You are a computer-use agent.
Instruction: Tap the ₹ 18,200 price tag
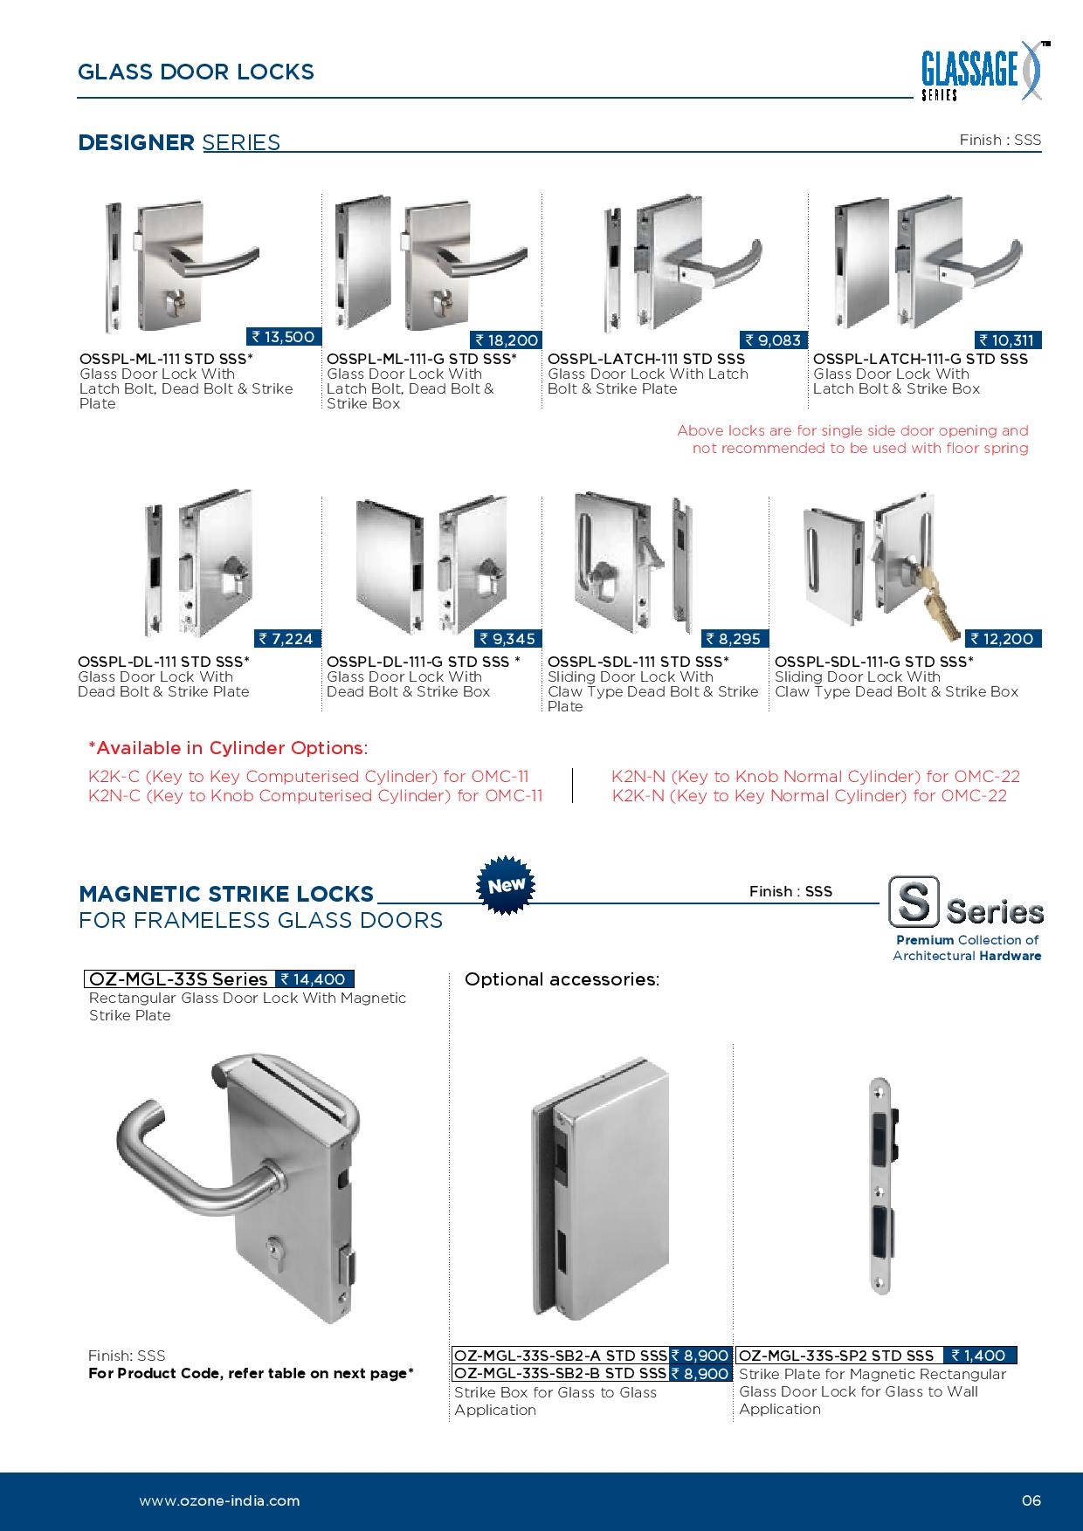point(507,340)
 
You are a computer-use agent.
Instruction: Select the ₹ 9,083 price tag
point(773,340)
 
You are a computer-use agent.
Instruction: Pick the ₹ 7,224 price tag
point(286,639)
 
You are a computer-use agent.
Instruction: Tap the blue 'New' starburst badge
point(507,885)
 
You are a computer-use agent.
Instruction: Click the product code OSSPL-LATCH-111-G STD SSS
point(921,359)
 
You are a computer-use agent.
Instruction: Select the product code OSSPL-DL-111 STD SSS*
point(164,662)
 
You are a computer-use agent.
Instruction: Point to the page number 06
point(1031,1501)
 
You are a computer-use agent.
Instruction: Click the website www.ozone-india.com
point(219,1501)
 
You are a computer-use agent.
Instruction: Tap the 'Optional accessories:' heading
point(562,979)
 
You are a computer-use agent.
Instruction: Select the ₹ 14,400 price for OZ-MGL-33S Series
point(314,979)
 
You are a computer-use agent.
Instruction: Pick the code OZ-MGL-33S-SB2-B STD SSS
point(561,1373)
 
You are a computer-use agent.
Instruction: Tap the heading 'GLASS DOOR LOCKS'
point(196,72)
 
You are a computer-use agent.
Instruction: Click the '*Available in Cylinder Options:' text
point(228,748)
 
